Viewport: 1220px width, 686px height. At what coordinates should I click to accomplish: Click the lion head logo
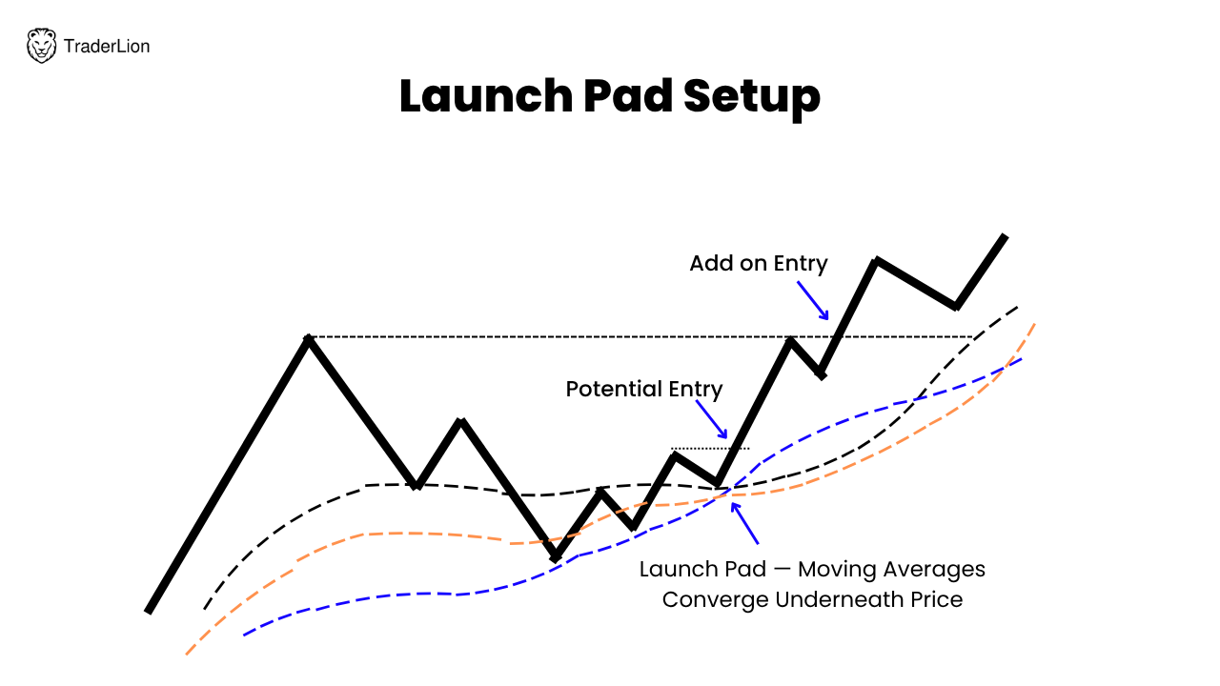coord(41,46)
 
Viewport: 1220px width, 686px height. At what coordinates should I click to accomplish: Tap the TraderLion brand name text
coord(107,47)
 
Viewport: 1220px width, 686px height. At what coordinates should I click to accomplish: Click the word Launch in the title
coord(486,96)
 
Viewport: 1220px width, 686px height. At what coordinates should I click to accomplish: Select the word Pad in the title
coord(628,96)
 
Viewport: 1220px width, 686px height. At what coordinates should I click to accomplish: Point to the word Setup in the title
coord(752,99)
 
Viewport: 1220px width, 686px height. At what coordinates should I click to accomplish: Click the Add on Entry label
coord(759,264)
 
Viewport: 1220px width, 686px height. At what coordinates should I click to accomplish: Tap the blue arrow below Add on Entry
coord(813,300)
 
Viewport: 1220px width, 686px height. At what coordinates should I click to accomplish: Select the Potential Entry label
coord(644,390)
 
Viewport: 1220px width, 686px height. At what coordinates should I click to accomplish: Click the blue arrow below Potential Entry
coord(712,419)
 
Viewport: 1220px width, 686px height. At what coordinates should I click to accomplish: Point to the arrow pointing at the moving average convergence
coord(744,523)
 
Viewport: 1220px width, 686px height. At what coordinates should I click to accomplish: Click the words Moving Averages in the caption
coord(891,570)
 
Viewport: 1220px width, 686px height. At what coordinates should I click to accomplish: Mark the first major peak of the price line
coord(309,338)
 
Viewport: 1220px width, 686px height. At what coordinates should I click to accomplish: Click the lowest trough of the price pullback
coord(555,558)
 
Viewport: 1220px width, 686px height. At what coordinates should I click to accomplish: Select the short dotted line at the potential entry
coord(710,449)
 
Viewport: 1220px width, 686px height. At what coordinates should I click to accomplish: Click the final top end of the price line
coord(1005,236)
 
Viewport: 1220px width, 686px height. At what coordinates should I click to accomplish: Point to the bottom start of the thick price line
coord(148,612)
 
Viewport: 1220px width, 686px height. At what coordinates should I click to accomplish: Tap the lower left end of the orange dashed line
coord(186,655)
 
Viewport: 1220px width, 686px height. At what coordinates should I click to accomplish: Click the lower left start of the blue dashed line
coord(244,635)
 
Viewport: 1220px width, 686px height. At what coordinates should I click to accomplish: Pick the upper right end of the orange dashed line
coord(1034,325)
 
